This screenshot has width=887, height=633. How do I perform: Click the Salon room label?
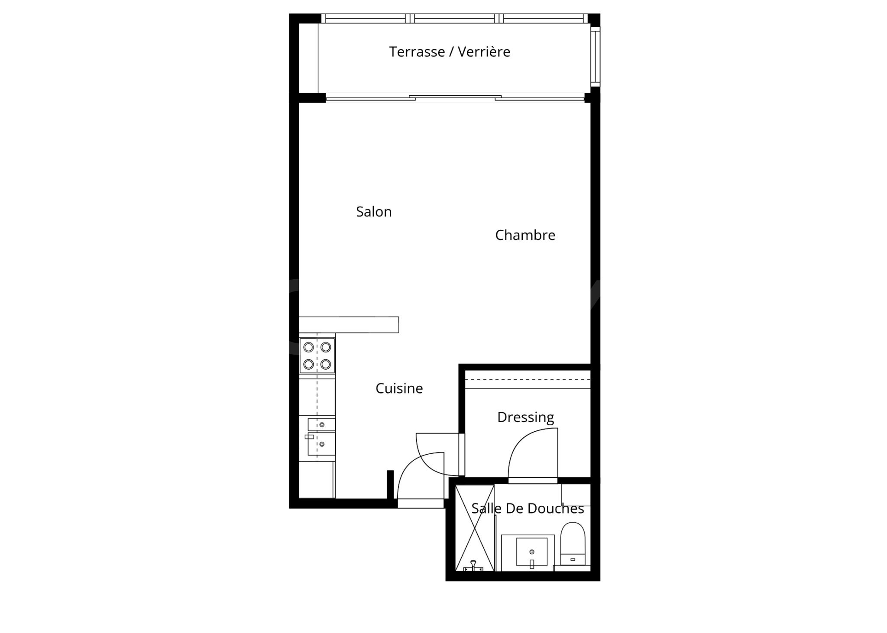click(374, 212)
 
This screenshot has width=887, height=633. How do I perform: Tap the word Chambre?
click(525, 235)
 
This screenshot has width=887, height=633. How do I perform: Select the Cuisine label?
click(399, 388)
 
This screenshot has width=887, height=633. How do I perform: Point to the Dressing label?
click(525, 417)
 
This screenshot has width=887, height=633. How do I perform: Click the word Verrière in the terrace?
click(484, 52)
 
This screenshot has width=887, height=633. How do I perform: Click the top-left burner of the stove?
click(309, 347)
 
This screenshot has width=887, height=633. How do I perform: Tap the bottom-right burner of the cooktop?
click(326, 364)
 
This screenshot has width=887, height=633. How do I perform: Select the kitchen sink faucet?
click(309, 437)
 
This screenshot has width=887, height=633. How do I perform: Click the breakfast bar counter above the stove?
click(349, 325)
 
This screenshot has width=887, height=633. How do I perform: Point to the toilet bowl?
click(573, 538)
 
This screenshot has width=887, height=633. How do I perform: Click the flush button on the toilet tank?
click(573, 560)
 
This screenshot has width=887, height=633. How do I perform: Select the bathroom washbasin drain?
click(532, 552)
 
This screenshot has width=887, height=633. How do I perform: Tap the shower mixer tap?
click(473, 565)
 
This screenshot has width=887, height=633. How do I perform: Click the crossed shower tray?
click(475, 528)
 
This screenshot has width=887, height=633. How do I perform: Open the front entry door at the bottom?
click(421, 481)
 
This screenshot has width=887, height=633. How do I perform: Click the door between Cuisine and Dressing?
click(440, 454)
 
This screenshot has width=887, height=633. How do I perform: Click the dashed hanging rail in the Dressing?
click(528, 380)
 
